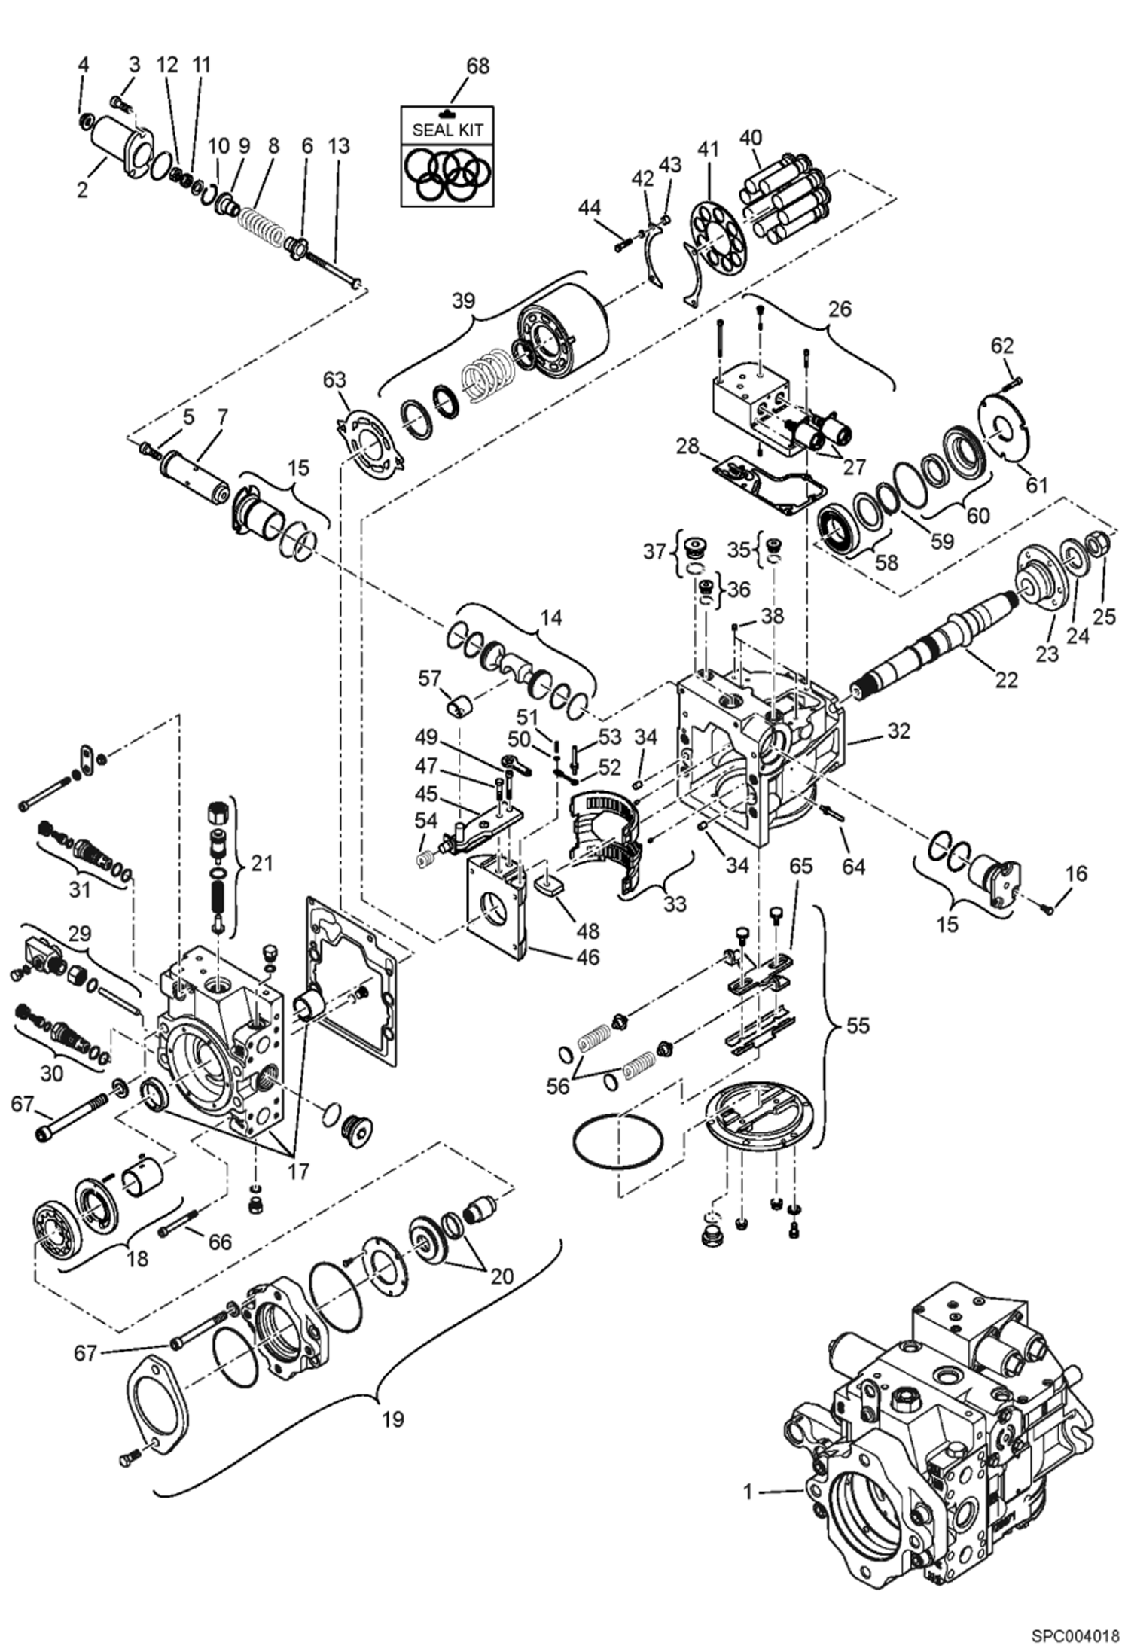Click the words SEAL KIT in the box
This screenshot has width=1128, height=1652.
pos(447,130)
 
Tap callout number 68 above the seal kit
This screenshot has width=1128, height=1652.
pos(477,66)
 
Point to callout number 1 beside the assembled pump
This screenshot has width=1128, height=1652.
pos(748,1491)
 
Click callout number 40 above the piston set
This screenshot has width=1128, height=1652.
pos(750,138)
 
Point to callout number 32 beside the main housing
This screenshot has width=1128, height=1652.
pos(898,730)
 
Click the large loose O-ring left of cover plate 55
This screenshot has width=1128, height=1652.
pos(617,1138)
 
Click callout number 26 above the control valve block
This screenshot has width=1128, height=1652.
pos(840,309)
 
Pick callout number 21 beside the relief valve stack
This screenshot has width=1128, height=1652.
pos(261,864)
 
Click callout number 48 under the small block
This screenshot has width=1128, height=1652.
pos(587,931)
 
